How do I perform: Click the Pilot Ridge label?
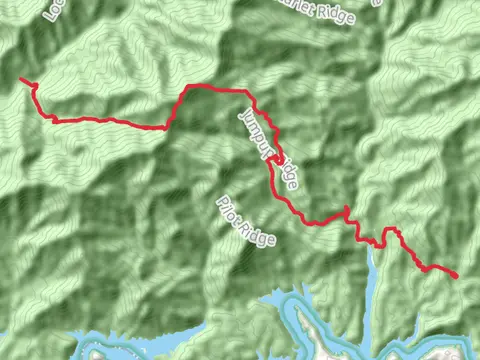point(244,221)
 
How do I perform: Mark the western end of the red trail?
point(22,79)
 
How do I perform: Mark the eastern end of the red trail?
point(456,275)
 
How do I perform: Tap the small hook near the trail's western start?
point(37,89)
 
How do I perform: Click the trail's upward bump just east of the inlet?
point(391,231)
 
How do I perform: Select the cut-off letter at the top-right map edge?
point(377,3)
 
